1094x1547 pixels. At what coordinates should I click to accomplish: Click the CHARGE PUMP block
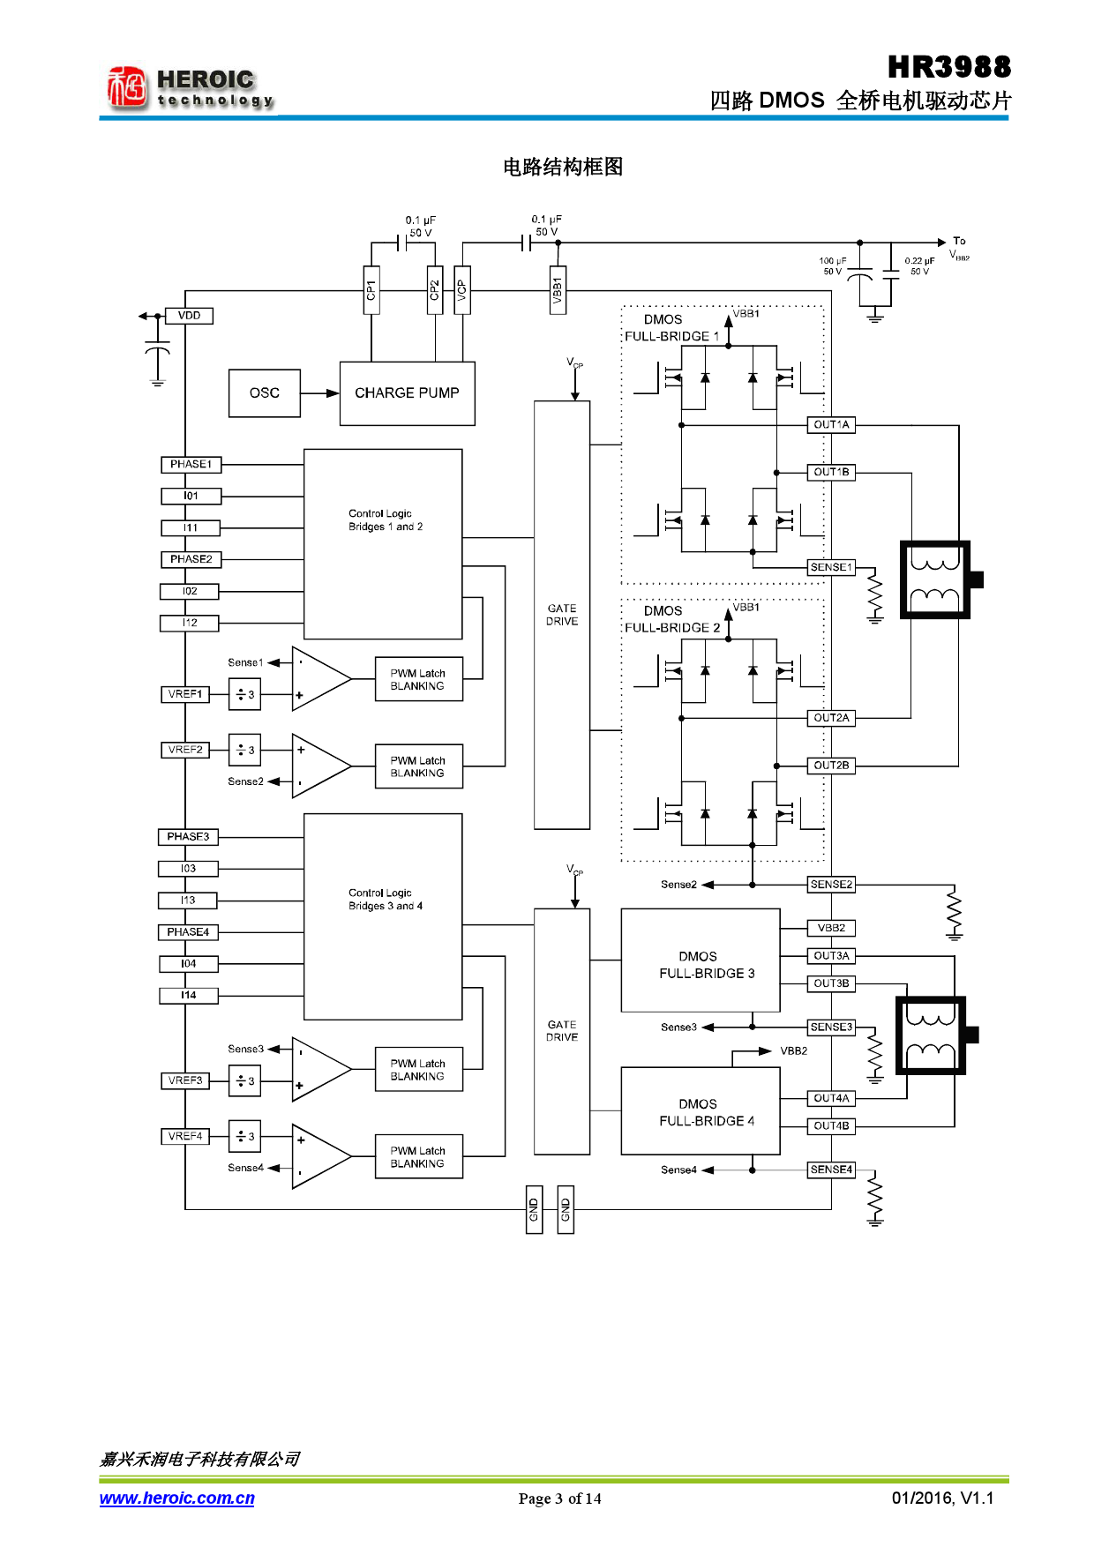[x=407, y=393]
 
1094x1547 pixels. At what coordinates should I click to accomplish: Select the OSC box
[x=264, y=393]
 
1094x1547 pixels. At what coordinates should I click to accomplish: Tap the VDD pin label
[x=189, y=316]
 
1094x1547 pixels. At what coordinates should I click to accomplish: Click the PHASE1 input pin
[x=191, y=464]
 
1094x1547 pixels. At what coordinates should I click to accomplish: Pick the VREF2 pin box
[x=185, y=750]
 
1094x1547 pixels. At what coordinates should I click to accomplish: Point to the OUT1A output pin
[x=831, y=425]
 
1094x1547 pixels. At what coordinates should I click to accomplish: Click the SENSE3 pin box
[x=831, y=1028]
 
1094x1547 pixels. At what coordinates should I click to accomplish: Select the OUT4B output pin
[x=831, y=1126]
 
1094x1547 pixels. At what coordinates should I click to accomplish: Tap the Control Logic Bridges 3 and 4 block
[x=383, y=916]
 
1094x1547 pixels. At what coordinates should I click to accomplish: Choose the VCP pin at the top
[x=461, y=289]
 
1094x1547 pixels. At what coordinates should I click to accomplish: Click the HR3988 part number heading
[x=948, y=67]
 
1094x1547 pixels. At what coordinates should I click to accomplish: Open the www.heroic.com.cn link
[x=176, y=1498]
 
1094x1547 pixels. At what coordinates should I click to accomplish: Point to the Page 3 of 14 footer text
[x=559, y=1498]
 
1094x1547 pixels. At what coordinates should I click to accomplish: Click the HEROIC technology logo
[x=190, y=89]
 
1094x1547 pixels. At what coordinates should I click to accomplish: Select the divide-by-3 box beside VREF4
[x=244, y=1136]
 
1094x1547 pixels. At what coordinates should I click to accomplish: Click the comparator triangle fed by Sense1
[x=319, y=679]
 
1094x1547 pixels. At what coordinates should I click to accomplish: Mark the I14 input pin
[x=188, y=996]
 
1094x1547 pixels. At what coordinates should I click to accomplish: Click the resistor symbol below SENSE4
[x=874, y=1198]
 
